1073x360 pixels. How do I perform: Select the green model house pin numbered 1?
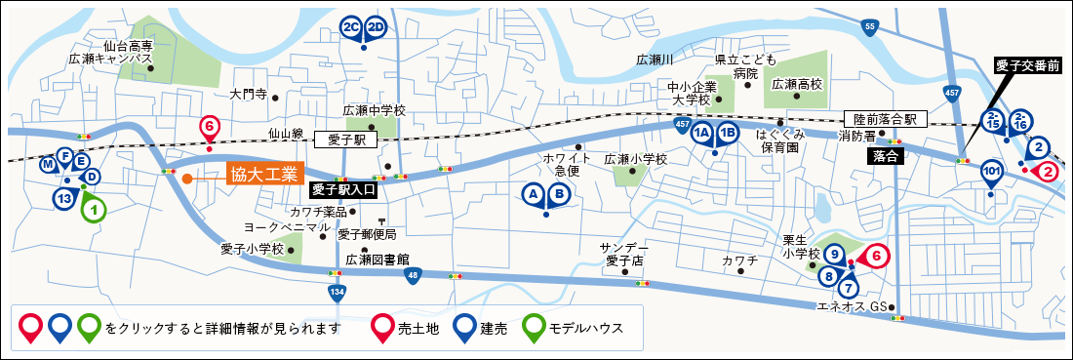click(x=92, y=207)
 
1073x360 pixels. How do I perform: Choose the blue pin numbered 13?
click(x=65, y=198)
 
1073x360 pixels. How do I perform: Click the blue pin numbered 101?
click(x=992, y=173)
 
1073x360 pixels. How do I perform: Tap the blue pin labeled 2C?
click(x=351, y=27)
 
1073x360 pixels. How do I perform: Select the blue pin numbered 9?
click(x=834, y=255)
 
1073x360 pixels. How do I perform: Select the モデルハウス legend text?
click(x=585, y=328)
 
